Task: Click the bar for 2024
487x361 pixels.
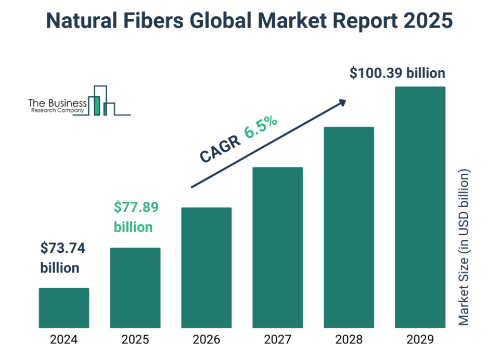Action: click(x=63, y=308)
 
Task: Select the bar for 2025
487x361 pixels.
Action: click(x=135, y=288)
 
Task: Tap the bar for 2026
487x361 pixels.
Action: click(x=206, y=268)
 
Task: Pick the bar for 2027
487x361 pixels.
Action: click(x=277, y=248)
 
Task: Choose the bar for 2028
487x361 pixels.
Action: click(x=349, y=227)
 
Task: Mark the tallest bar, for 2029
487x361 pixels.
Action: click(x=420, y=208)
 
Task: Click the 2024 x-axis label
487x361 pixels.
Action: click(x=63, y=340)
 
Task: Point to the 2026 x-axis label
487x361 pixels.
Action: click(x=206, y=340)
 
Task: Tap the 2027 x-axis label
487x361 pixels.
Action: click(x=277, y=340)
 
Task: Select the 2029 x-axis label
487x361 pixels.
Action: click(x=420, y=340)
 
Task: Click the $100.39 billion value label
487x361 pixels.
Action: click(x=397, y=73)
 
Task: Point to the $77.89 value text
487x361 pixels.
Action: click(x=136, y=208)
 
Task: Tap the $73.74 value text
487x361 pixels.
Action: click(x=62, y=248)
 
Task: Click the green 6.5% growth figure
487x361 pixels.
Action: click(x=261, y=127)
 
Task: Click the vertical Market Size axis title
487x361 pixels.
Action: click(x=464, y=247)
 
